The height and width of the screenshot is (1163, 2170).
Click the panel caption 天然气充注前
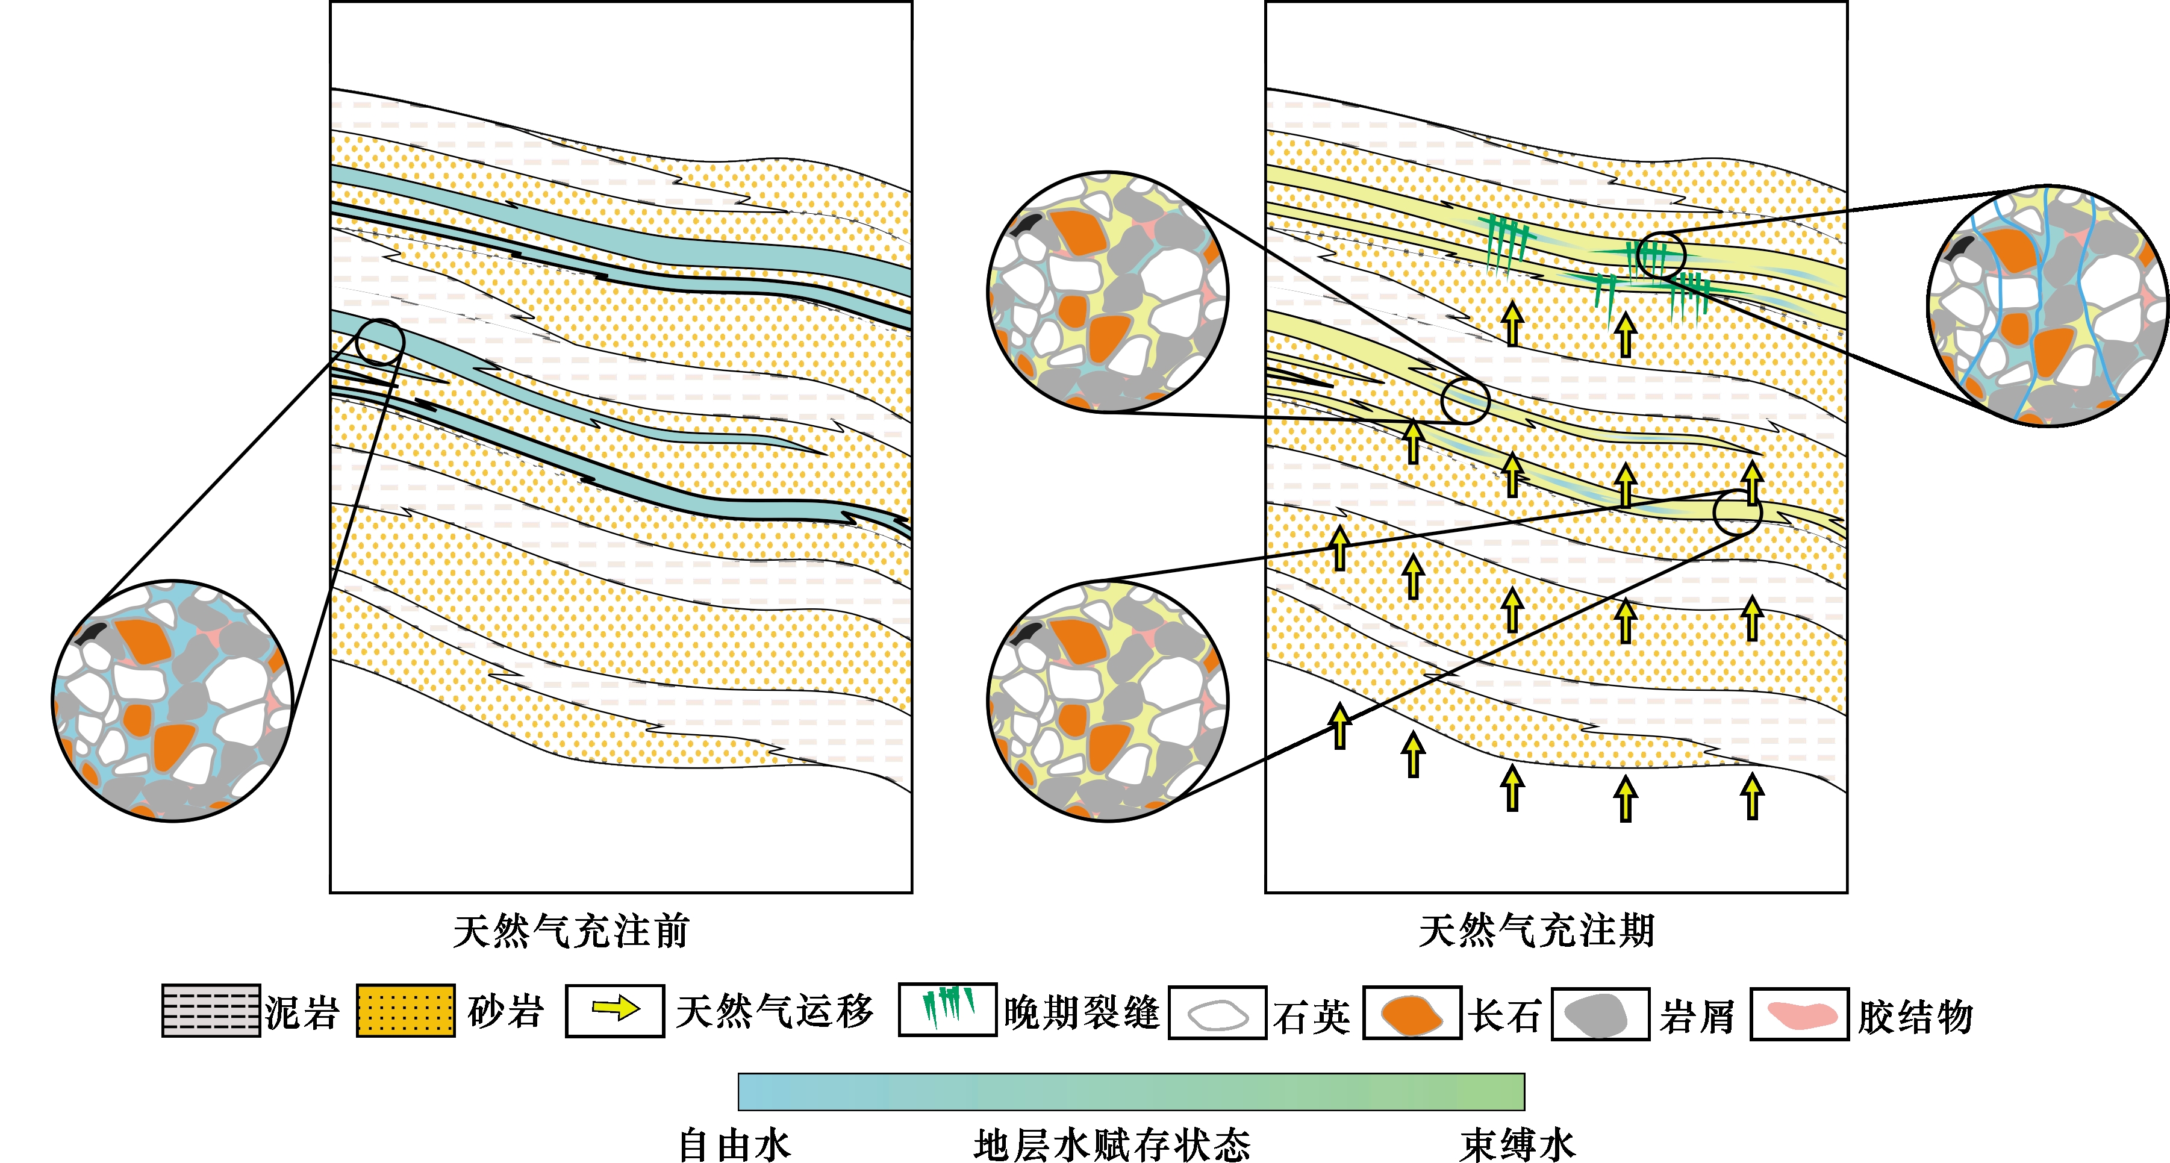pos(571,931)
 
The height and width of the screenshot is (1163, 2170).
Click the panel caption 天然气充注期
pos(1536,931)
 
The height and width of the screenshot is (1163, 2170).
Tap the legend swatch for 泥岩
pos(211,1010)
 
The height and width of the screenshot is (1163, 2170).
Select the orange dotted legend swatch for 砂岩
pos(405,1010)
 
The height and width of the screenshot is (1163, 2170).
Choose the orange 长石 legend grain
pos(1411,1015)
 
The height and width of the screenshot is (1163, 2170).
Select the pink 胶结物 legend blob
pos(1800,1015)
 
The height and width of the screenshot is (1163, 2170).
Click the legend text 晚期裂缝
pos(1082,1012)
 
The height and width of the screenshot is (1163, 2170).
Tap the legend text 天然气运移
pos(774,1011)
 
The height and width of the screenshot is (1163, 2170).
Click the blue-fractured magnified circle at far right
pos(2047,306)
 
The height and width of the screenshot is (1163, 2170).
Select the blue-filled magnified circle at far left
pos(173,700)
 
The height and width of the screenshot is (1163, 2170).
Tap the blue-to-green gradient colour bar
pos(1130,1091)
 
